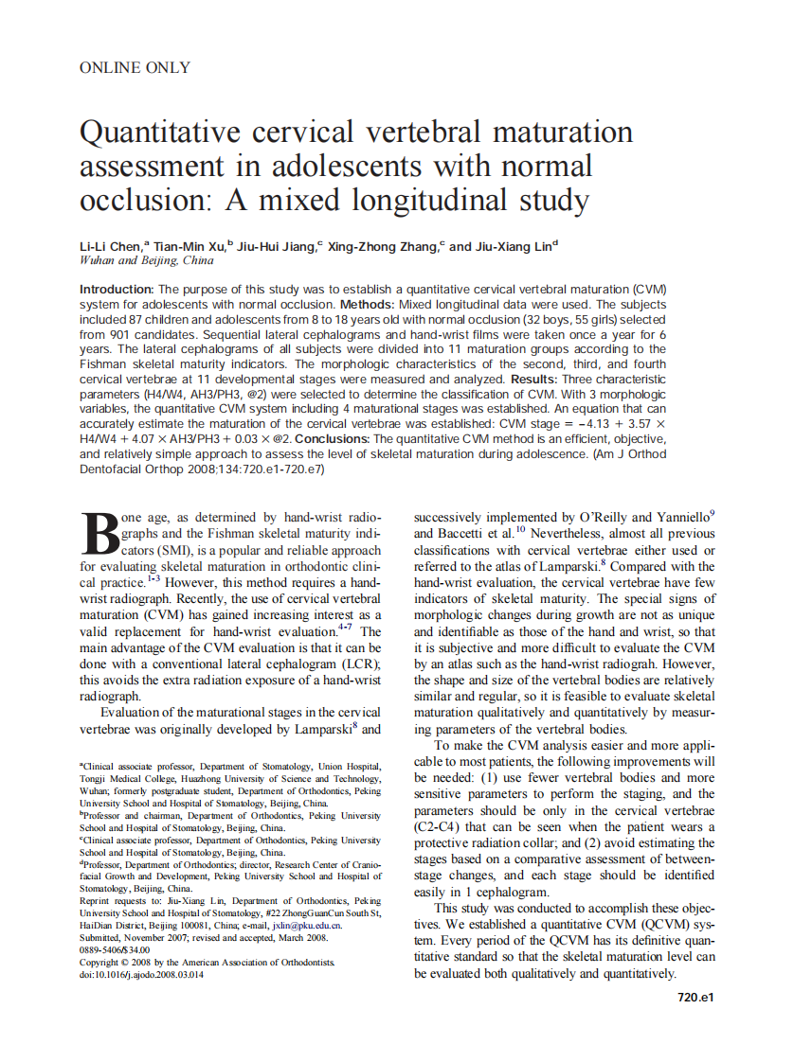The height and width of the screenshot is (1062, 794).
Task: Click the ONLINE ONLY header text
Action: (x=135, y=67)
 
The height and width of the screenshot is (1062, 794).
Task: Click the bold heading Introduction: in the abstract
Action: (x=117, y=289)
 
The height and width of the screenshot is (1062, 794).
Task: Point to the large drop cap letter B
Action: (x=99, y=535)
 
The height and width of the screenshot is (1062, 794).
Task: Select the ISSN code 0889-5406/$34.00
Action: (x=115, y=949)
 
